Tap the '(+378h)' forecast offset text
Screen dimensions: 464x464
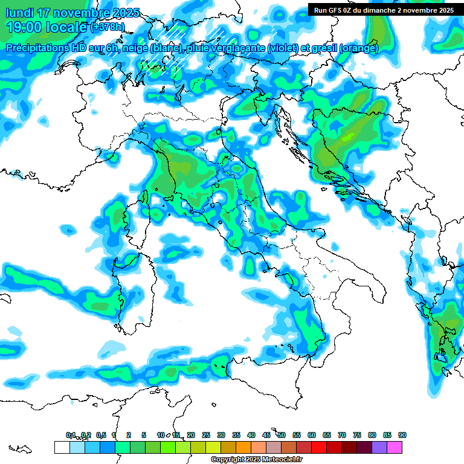108,27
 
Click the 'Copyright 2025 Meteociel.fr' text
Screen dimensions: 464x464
256,460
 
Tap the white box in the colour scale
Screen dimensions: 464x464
62,448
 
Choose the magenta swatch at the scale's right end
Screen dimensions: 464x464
395,448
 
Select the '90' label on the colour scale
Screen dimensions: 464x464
402,435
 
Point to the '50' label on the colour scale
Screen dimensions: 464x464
282,435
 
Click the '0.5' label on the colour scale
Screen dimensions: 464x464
101,435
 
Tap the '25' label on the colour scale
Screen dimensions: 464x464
206,435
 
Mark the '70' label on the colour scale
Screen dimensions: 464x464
342,435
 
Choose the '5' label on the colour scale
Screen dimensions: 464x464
144,435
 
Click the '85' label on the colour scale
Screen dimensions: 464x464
387,435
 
